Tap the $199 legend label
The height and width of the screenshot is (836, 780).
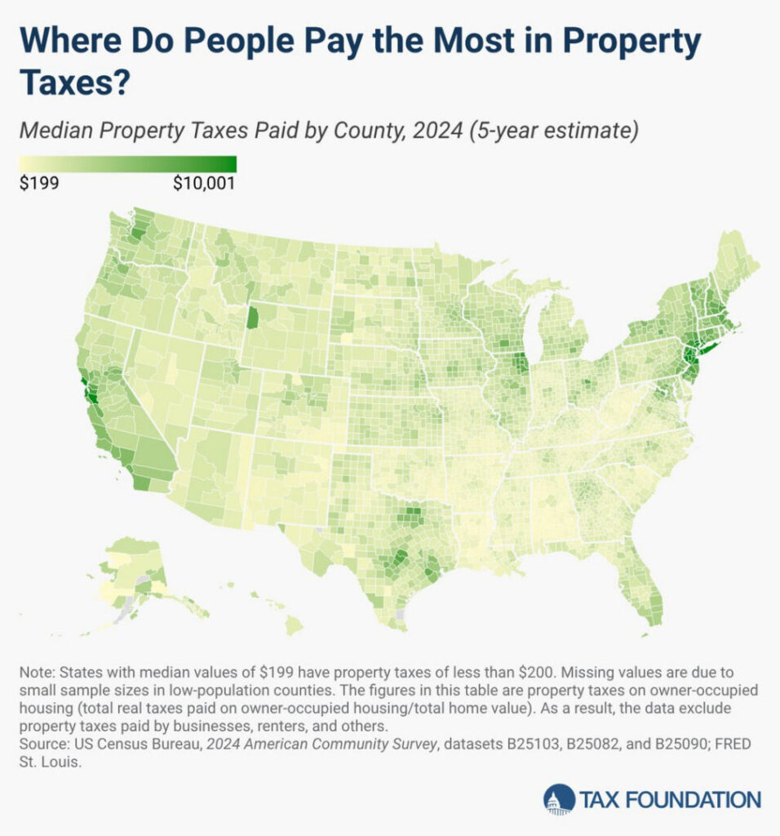(x=38, y=183)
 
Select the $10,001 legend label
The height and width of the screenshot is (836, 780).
(x=204, y=183)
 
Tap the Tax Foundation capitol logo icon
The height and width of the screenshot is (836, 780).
(x=559, y=799)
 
